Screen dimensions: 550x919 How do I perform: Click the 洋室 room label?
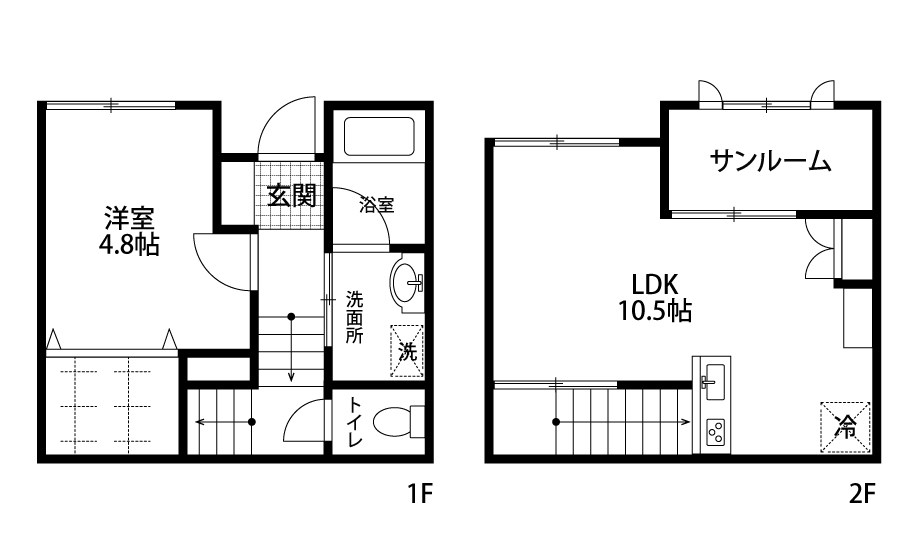(x=131, y=216)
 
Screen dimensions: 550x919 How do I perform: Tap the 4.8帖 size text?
(x=131, y=244)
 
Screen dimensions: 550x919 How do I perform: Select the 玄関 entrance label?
(x=291, y=196)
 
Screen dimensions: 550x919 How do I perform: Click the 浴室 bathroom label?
(x=377, y=205)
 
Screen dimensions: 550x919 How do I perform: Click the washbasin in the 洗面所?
(x=408, y=282)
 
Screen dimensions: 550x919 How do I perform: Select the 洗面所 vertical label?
(x=355, y=316)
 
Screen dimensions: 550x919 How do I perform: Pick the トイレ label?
(x=355, y=422)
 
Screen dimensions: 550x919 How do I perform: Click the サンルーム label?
(x=770, y=161)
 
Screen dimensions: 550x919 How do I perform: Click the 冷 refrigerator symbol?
(x=844, y=425)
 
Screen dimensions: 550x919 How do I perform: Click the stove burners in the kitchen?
(x=715, y=433)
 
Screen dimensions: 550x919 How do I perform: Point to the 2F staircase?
(x=620, y=421)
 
